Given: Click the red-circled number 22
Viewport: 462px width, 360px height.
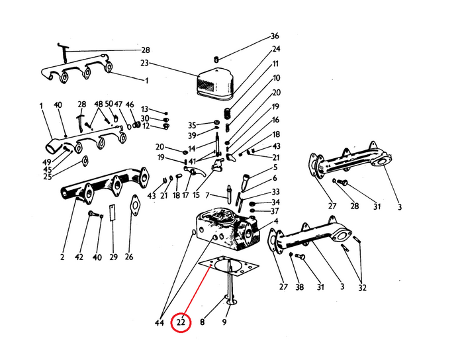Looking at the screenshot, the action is (x=181, y=322).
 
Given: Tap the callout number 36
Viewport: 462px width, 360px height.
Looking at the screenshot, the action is (x=275, y=36).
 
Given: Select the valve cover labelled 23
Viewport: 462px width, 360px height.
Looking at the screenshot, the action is (x=215, y=83).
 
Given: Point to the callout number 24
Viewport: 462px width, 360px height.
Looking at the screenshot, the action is (x=276, y=49).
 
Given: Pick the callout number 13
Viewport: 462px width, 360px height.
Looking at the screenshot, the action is (x=144, y=109).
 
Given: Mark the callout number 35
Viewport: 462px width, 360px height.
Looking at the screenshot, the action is (x=192, y=125).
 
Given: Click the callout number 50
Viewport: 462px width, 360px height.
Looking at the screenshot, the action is (x=109, y=104).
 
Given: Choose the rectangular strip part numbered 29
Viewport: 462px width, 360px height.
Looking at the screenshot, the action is (x=113, y=212).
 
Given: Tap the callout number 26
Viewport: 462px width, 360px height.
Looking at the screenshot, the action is (x=129, y=257).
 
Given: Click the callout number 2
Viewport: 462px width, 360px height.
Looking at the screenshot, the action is (x=62, y=257).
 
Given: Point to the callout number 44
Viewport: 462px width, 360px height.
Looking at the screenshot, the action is (x=159, y=323).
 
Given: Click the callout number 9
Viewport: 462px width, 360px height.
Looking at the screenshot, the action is (x=224, y=322).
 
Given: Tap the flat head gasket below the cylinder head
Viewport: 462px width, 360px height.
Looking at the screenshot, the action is (x=229, y=266).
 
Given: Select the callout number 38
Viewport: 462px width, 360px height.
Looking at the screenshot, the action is (x=299, y=287).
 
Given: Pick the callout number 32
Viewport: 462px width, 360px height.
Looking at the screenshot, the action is (x=362, y=288).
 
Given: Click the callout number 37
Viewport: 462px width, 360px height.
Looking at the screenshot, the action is (x=275, y=211).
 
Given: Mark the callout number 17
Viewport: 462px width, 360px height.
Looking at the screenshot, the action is (x=185, y=195).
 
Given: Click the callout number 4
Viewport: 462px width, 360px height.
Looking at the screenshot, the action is (x=276, y=221).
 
